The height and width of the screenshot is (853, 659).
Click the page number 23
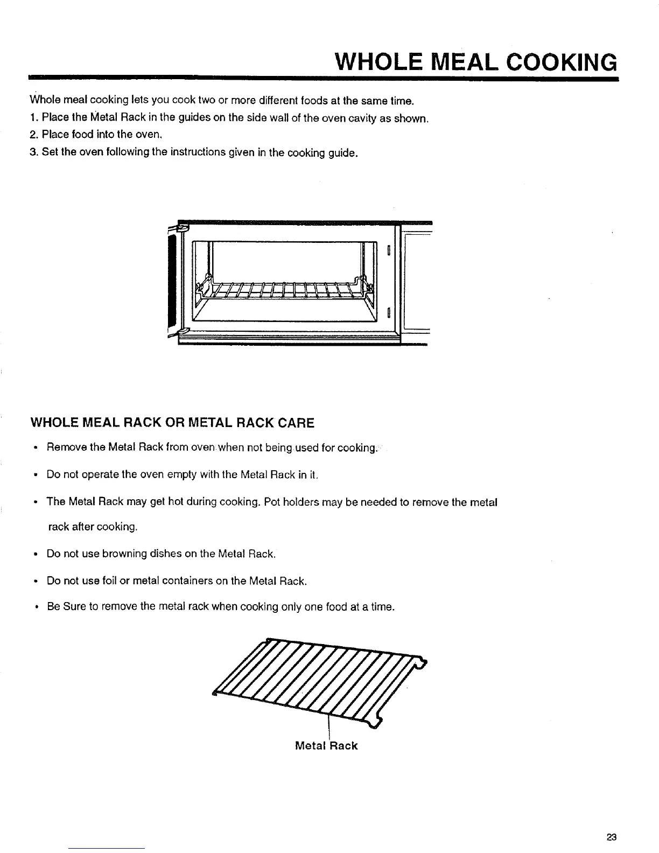click(611, 837)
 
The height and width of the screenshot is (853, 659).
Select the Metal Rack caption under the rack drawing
click(326, 746)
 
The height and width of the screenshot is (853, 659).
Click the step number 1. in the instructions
click(34, 118)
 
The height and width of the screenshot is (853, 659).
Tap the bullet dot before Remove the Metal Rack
click(34, 448)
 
